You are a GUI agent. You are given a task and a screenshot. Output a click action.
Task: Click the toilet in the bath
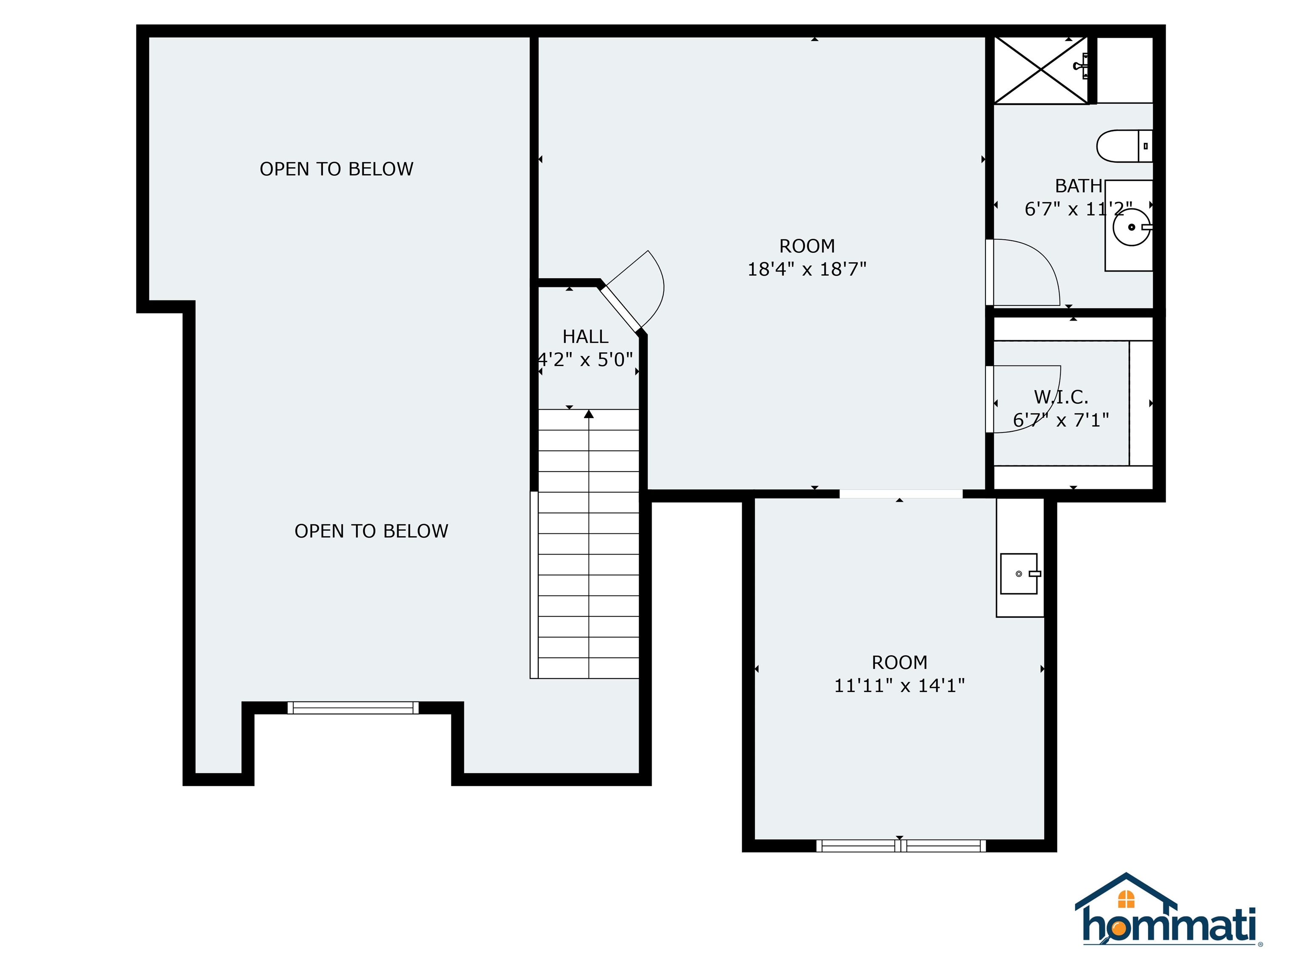pyautogui.click(x=1124, y=146)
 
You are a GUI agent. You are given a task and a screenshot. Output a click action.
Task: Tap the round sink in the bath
pyautogui.click(x=1131, y=227)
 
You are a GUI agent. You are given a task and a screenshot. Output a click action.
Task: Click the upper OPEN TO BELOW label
pyautogui.click(x=337, y=169)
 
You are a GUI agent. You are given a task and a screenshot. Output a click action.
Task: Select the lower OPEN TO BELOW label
pyautogui.click(x=371, y=531)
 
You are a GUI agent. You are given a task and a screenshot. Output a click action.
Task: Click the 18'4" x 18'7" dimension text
pyautogui.click(x=807, y=269)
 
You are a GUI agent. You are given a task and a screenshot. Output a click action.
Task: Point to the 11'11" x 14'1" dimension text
pyautogui.click(x=899, y=686)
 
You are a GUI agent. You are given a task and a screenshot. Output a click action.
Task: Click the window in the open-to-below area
pyautogui.click(x=353, y=708)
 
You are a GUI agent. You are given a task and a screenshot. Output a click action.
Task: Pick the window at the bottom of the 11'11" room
pyautogui.click(x=901, y=846)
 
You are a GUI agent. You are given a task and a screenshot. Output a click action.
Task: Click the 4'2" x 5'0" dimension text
pyautogui.click(x=586, y=360)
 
